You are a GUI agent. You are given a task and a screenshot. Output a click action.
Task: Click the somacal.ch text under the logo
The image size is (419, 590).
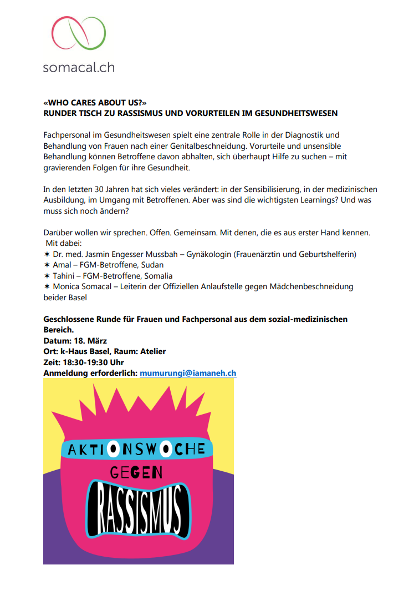[79, 68]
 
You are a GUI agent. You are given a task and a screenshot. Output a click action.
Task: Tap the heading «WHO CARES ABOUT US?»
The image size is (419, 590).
[91, 103]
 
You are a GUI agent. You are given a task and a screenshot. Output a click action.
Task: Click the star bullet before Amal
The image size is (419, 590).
[47, 265]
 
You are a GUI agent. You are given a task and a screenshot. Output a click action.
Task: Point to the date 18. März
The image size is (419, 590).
[89, 340]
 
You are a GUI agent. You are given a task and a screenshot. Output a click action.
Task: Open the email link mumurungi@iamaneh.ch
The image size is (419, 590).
[188, 373]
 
